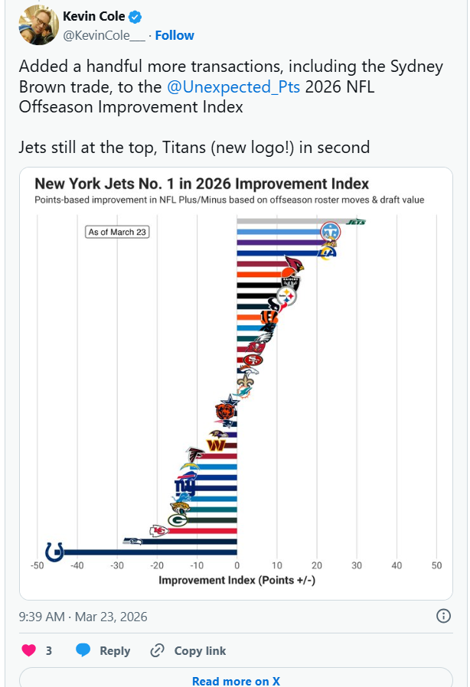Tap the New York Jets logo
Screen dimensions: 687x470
pyautogui.click(x=357, y=222)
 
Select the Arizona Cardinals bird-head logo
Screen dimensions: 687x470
pyautogui.click(x=293, y=265)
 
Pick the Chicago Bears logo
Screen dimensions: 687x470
pyautogui.click(x=224, y=413)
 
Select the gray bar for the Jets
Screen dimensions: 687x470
pyautogui.click(x=291, y=222)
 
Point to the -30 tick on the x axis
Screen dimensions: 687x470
pyautogui.click(x=117, y=565)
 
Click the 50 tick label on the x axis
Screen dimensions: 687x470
pyautogui.click(x=436, y=565)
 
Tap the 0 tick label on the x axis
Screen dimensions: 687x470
pyautogui.click(x=237, y=565)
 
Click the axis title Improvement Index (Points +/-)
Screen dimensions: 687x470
pyautogui.click(x=237, y=581)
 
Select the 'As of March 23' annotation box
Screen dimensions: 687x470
pyautogui.click(x=117, y=232)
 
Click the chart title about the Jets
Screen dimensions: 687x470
pyautogui.click(x=202, y=184)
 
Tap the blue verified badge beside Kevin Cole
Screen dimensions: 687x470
pyautogui.click(x=134, y=17)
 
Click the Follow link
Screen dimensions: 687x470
pyautogui.click(x=175, y=35)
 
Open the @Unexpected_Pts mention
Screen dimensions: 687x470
pyautogui.click(x=233, y=87)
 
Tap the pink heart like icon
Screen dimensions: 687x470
pyautogui.click(x=28, y=650)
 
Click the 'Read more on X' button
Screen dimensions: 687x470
pyautogui.click(x=236, y=680)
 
